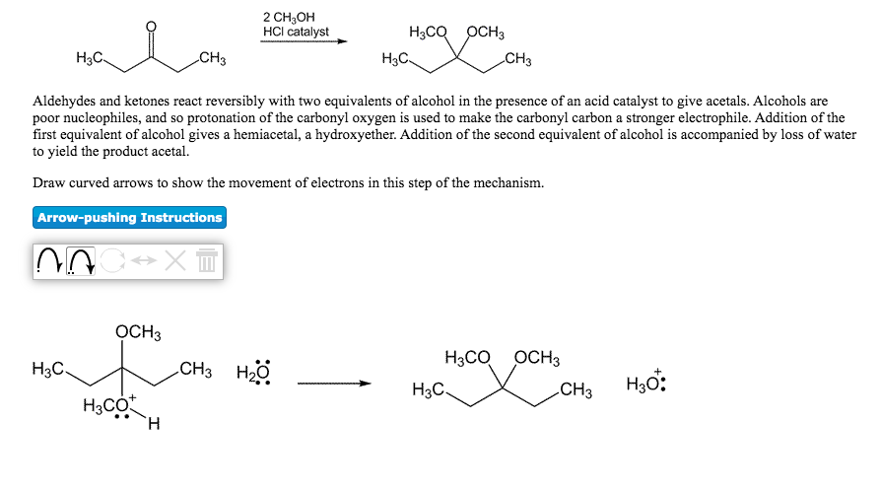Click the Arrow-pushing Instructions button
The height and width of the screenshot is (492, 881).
(129, 218)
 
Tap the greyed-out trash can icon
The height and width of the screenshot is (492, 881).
(206, 261)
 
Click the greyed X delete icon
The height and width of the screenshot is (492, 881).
(174, 261)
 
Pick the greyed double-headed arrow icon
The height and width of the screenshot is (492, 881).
(143, 261)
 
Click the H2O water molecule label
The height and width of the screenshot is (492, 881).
(252, 375)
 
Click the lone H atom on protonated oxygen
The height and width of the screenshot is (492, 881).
(153, 425)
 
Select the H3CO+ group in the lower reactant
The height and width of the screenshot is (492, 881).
(107, 405)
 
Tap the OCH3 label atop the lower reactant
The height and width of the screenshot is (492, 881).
(138, 332)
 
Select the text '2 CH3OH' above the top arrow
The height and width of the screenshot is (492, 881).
(289, 17)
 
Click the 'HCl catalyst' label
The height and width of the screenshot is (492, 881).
(296, 32)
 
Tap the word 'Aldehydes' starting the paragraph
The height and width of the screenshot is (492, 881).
(64, 102)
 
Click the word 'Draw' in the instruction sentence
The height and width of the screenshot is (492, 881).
(48, 183)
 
